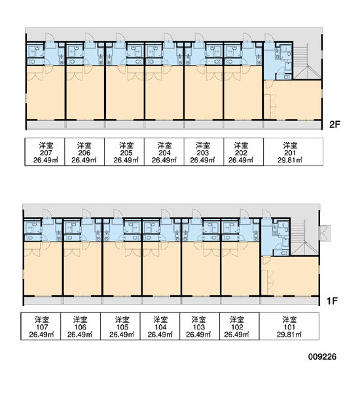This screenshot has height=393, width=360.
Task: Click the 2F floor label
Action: point(334,124)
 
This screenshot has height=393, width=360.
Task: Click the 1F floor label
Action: point(333,301)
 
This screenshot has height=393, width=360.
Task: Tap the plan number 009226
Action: point(322,357)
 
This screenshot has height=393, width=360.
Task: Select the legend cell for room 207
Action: point(45,152)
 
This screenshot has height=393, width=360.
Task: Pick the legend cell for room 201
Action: point(293,152)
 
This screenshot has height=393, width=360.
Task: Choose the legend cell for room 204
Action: point(164,152)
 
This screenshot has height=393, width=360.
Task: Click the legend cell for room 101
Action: point(289,326)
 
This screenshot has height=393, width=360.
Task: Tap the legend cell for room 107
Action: point(41,326)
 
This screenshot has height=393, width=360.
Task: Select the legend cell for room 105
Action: point(120,326)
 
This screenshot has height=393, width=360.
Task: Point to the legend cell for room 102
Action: point(240,326)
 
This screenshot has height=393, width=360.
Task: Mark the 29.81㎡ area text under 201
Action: point(290,160)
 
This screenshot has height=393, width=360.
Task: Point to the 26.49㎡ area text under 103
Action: point(198,334)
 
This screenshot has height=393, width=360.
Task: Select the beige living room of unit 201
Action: point(293,100)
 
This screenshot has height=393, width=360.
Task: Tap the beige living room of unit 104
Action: point(162,269)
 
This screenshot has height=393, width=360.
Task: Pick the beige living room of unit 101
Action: point(290,276)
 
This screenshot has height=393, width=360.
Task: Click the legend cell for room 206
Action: point(84,152)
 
